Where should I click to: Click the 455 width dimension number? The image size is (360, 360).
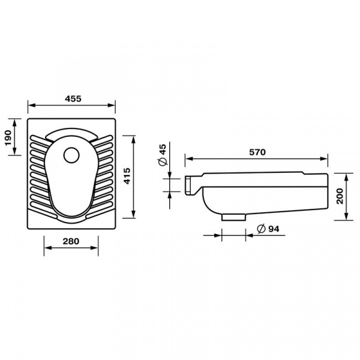point(73,99)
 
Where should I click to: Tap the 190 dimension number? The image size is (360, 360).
point(8,138)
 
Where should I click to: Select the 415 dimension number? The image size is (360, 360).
point(127,176)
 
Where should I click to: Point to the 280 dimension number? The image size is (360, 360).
point(71,241)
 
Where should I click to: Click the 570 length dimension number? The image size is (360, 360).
point(257,152)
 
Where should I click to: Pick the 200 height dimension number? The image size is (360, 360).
point(340,196)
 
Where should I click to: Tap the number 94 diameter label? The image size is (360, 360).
point(274,229)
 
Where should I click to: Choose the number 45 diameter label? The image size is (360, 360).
point(163,149)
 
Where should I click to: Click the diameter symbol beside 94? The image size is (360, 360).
point(261,229)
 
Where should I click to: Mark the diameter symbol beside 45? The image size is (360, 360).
point(163,161)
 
